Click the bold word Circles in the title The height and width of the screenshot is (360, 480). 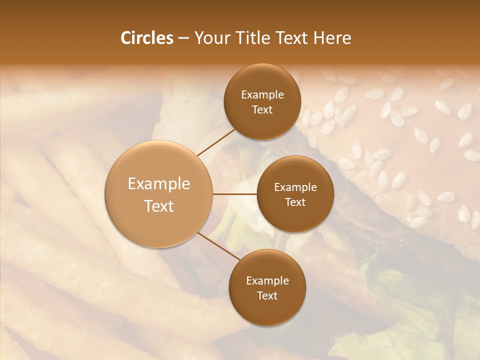tap(147, 38)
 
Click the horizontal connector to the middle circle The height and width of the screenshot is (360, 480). tap(234, 194)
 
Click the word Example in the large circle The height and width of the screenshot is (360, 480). tap(159, 184)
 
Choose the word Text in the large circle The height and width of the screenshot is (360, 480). tap(159, 206)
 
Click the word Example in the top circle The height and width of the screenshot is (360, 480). tap(262, 95)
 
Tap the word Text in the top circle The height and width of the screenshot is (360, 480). tap(262, 110)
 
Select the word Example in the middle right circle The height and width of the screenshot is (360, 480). tap(295, 187)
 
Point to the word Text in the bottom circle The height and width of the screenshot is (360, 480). tap(267, 296)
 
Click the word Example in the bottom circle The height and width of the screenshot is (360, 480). tap(267, 281)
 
